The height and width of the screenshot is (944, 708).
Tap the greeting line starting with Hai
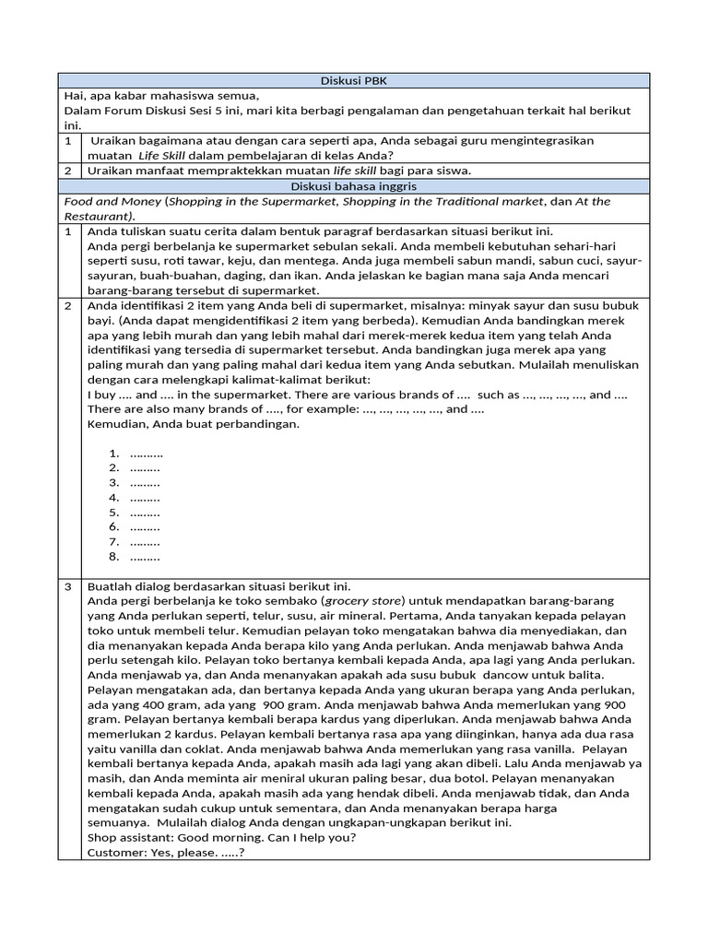(162, 96)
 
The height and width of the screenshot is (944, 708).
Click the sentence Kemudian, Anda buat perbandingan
(194, 424)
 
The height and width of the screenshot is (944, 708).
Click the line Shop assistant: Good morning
(221, 838)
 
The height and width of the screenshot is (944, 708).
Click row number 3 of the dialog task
(68, 586)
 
